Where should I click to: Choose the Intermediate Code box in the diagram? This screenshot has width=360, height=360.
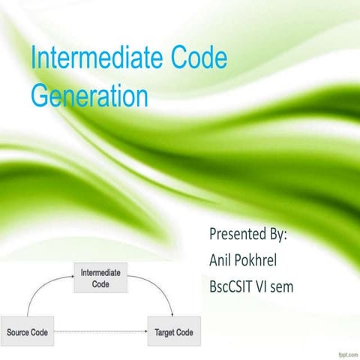(x=100, y=278)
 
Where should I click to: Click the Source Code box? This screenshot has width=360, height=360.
(x=28, y=331)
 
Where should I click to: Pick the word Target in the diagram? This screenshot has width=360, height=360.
(x=165, y=331)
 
